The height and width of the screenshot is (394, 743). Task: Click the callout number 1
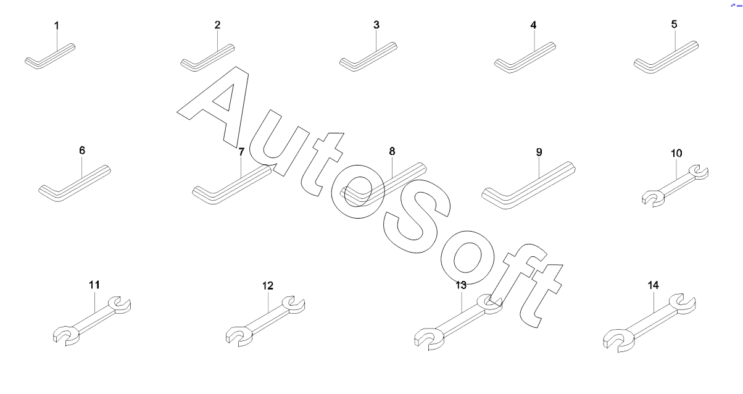[57, 25]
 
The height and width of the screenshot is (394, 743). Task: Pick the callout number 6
[82, 150]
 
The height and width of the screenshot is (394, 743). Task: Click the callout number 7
[241, 151]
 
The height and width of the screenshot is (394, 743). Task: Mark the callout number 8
[392, 151]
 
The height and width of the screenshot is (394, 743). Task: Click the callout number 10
[676, 153]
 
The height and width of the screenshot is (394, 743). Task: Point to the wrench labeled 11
[91, 319]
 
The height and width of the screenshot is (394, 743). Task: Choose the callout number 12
[267, 286]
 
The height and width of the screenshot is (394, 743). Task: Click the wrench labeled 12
[265, 320]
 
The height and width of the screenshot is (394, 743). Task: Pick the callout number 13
[461, 285]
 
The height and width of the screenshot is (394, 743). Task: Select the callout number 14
[654, 285]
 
